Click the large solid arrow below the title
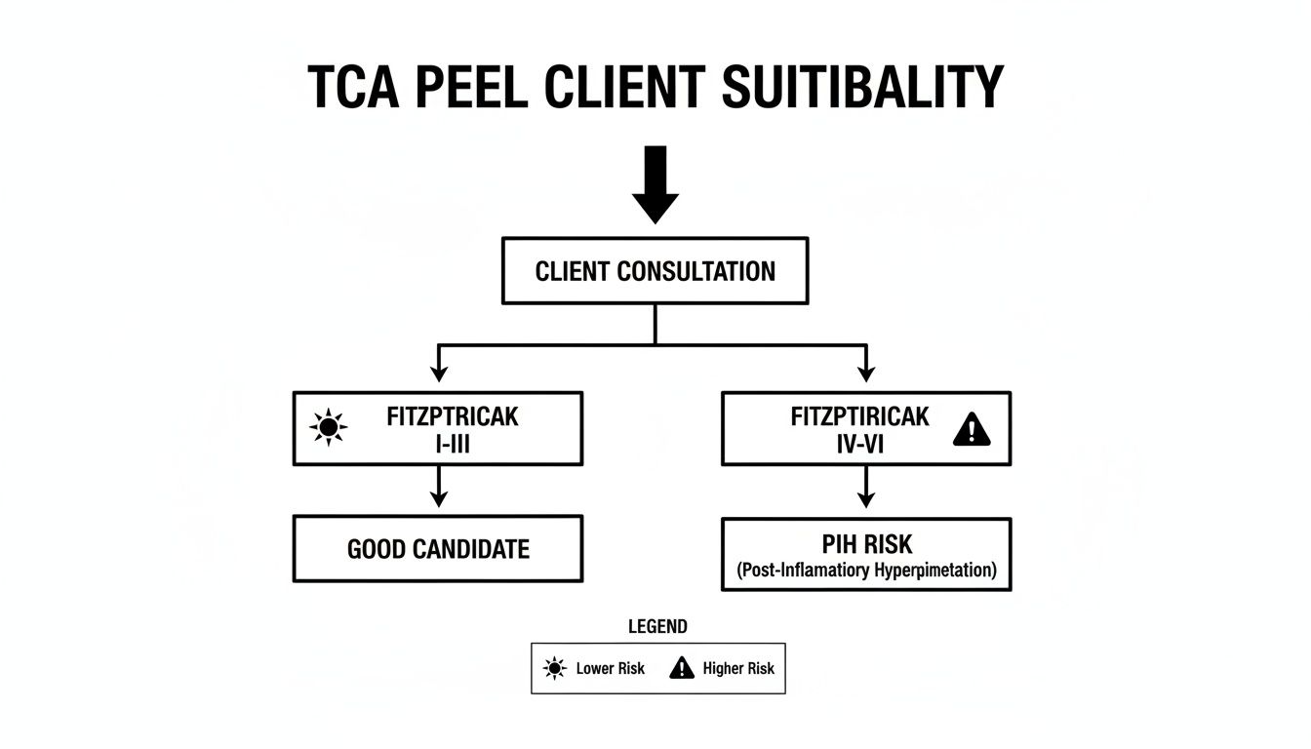(655, 184)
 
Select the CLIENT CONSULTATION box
(655, 271)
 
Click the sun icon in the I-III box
(329, 427)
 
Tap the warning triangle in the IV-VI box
(971, 429)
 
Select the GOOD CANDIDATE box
(438, 549)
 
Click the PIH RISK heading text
(866, 542)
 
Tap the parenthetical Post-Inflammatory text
(866, 571)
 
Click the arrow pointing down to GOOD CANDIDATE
(439, 487)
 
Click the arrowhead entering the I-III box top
(439, 373)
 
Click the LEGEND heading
(657, 627)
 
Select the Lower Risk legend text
(610, 669)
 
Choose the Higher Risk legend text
(738, 669)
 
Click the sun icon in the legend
(555, 668)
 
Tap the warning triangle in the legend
(682, 668)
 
